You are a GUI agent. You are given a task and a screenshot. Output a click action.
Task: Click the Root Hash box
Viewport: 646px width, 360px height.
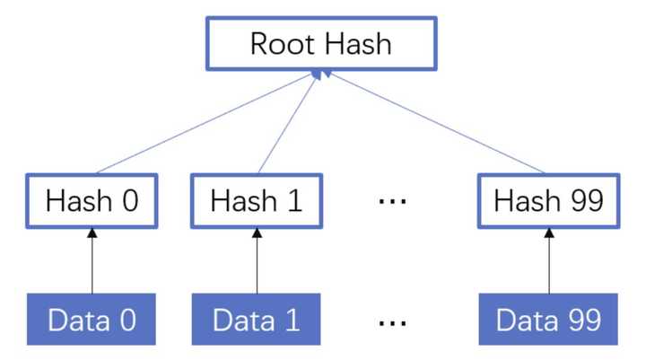click(321, 43)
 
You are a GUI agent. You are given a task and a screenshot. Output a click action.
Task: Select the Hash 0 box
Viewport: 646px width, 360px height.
click(92, 200)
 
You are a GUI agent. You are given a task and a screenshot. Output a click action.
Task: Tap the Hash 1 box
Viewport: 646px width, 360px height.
click(257, 200)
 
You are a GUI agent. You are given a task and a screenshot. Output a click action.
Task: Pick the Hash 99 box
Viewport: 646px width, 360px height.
click(548, 200)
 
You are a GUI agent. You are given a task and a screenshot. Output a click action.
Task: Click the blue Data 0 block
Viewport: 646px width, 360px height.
click(92, 320)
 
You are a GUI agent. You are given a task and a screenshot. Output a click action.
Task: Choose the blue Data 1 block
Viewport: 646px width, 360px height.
click(257, 320)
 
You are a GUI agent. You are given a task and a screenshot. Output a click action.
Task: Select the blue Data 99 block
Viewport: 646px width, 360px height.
click(548, 320)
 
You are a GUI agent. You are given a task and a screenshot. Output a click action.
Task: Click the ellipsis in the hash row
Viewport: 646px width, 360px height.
click(392, 201)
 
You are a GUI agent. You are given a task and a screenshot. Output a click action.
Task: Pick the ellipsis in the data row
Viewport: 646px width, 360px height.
click(392, 320)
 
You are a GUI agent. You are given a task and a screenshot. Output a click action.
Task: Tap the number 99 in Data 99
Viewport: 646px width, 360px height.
click(581, 320)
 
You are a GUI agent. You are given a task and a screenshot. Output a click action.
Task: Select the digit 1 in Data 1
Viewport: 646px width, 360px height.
click(293, 320)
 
